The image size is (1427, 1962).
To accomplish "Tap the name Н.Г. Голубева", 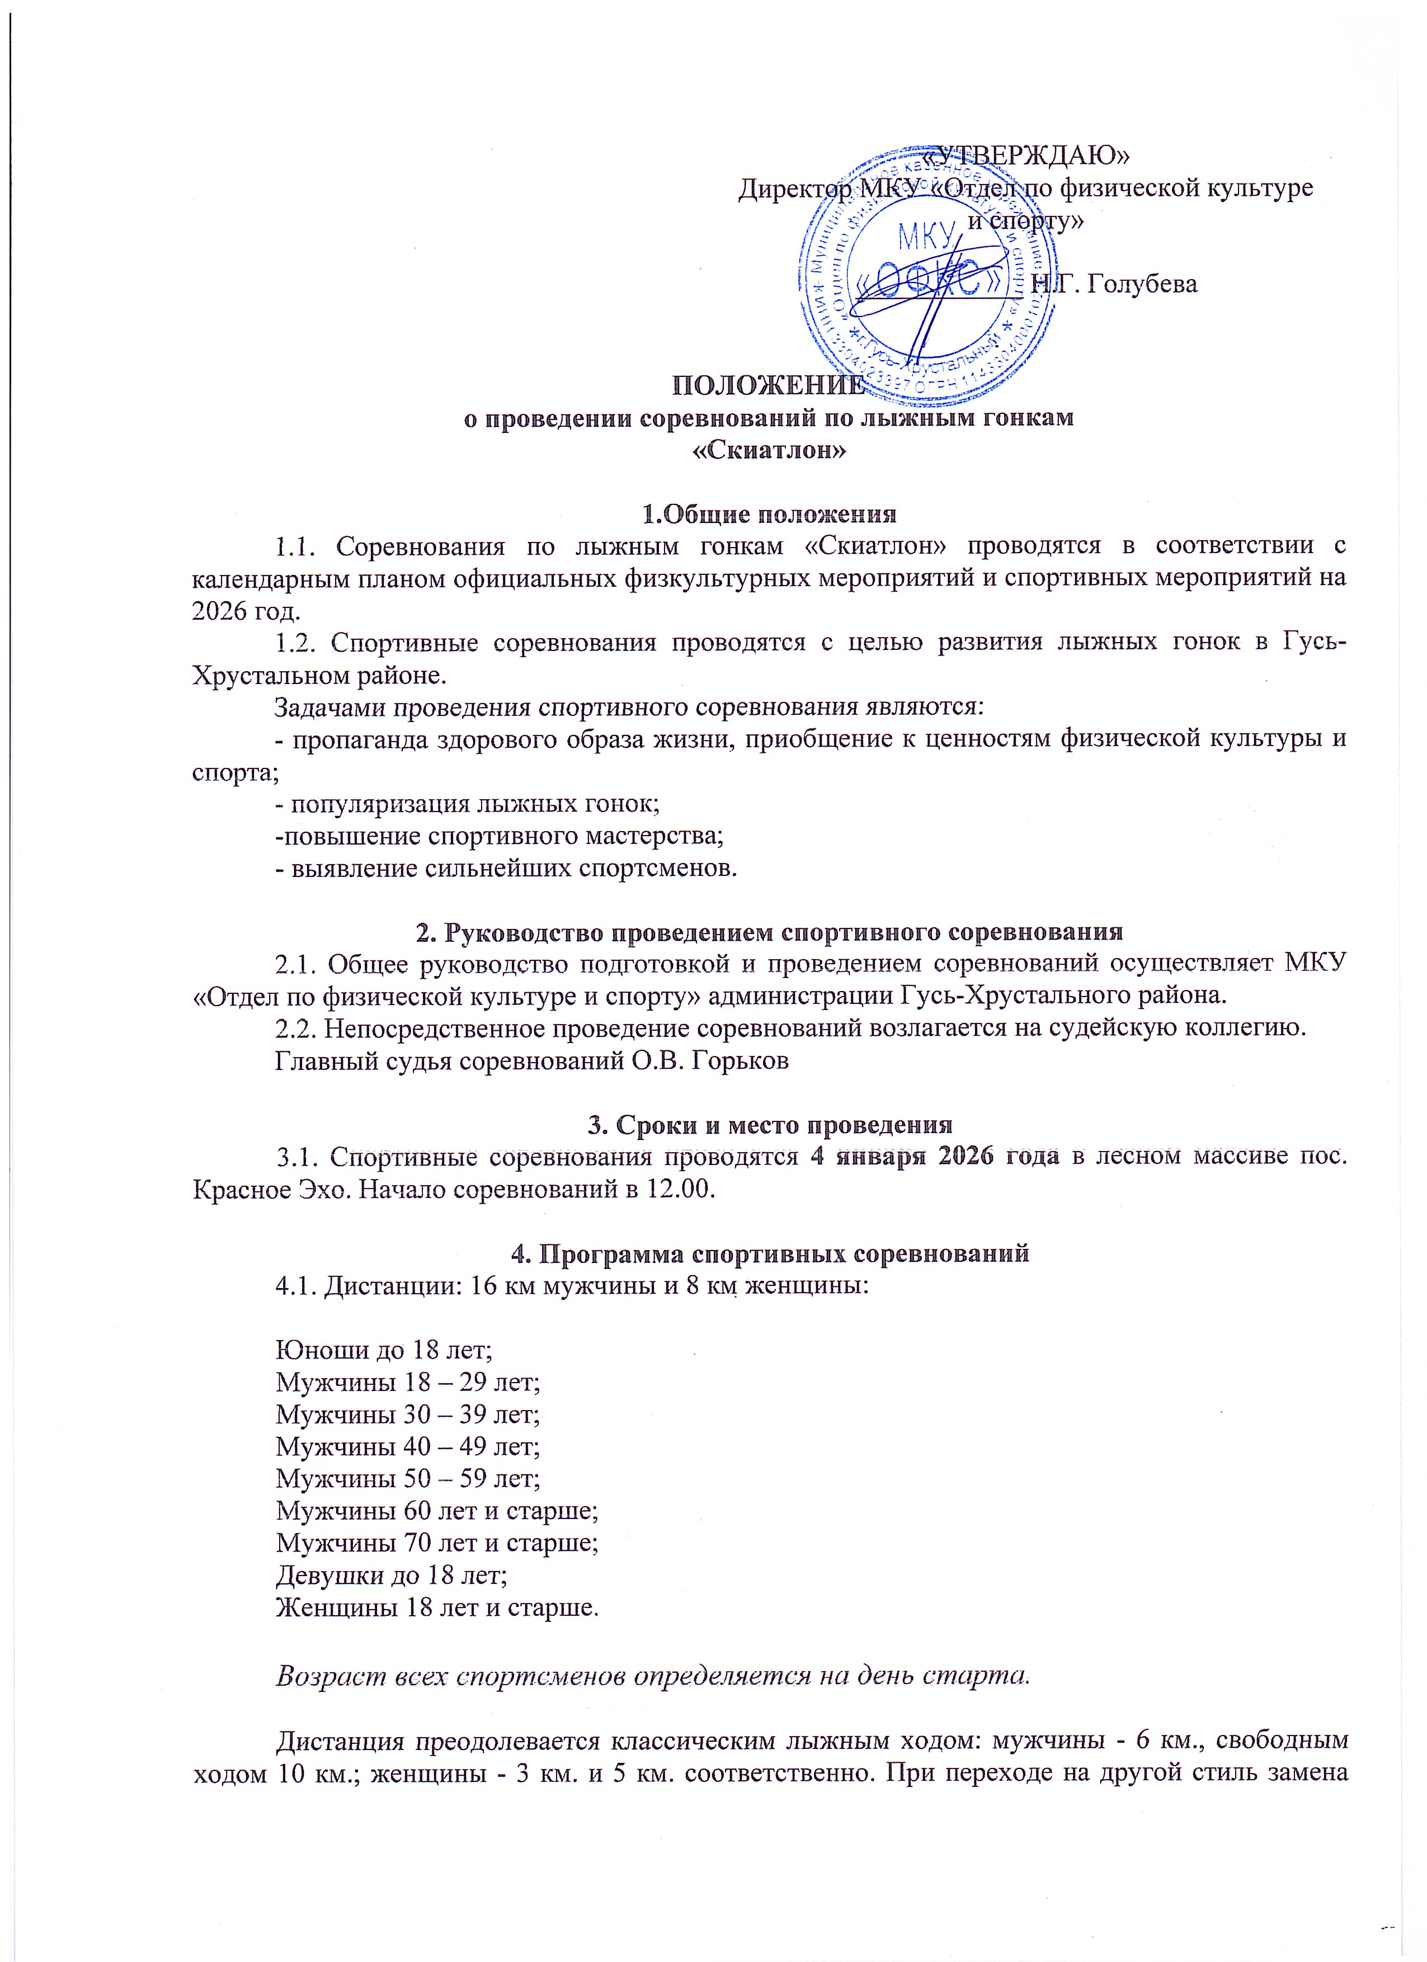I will tap(1115, 284).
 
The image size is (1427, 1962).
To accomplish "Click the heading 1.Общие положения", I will tap(769, 514).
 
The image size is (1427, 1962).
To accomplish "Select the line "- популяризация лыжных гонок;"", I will tap(467, 804).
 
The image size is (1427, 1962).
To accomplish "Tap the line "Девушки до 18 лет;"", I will tap(391, 1574).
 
